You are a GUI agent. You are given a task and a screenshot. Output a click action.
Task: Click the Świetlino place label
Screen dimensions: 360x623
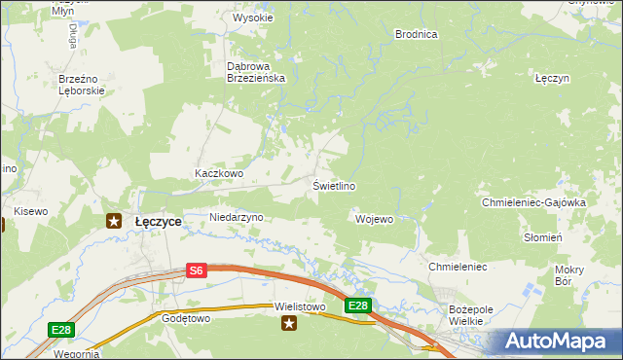[x=333, y=186]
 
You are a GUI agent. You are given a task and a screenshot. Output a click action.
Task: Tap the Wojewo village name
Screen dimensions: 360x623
[x=374, y=219]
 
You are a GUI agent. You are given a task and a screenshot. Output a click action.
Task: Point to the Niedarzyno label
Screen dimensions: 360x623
[x=237, y=217]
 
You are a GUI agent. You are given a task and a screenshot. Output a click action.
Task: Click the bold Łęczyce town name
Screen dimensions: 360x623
[x=158, y=222]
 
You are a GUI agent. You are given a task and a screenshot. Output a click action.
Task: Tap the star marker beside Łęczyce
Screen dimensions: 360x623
[x=113, y=221]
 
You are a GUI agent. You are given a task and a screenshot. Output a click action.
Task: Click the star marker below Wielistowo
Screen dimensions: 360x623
[x=288, y=325]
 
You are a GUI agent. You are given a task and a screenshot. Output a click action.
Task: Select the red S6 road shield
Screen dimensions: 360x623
[x=197, y=271]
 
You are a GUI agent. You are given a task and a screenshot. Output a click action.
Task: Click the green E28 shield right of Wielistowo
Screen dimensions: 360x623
[x=357, y=306]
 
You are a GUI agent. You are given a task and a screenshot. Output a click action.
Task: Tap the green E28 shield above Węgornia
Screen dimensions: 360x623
[x=61, y=331]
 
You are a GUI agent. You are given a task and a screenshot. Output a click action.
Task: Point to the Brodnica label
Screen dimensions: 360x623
[x=416, y=34]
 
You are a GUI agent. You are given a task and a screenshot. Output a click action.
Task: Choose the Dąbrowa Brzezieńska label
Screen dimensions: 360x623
[x=255, y=72]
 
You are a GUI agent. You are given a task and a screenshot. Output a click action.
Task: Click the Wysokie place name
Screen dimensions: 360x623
[x=252, y=18]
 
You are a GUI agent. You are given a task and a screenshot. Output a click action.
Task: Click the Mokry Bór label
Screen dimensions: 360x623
[x=568, y=275]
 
